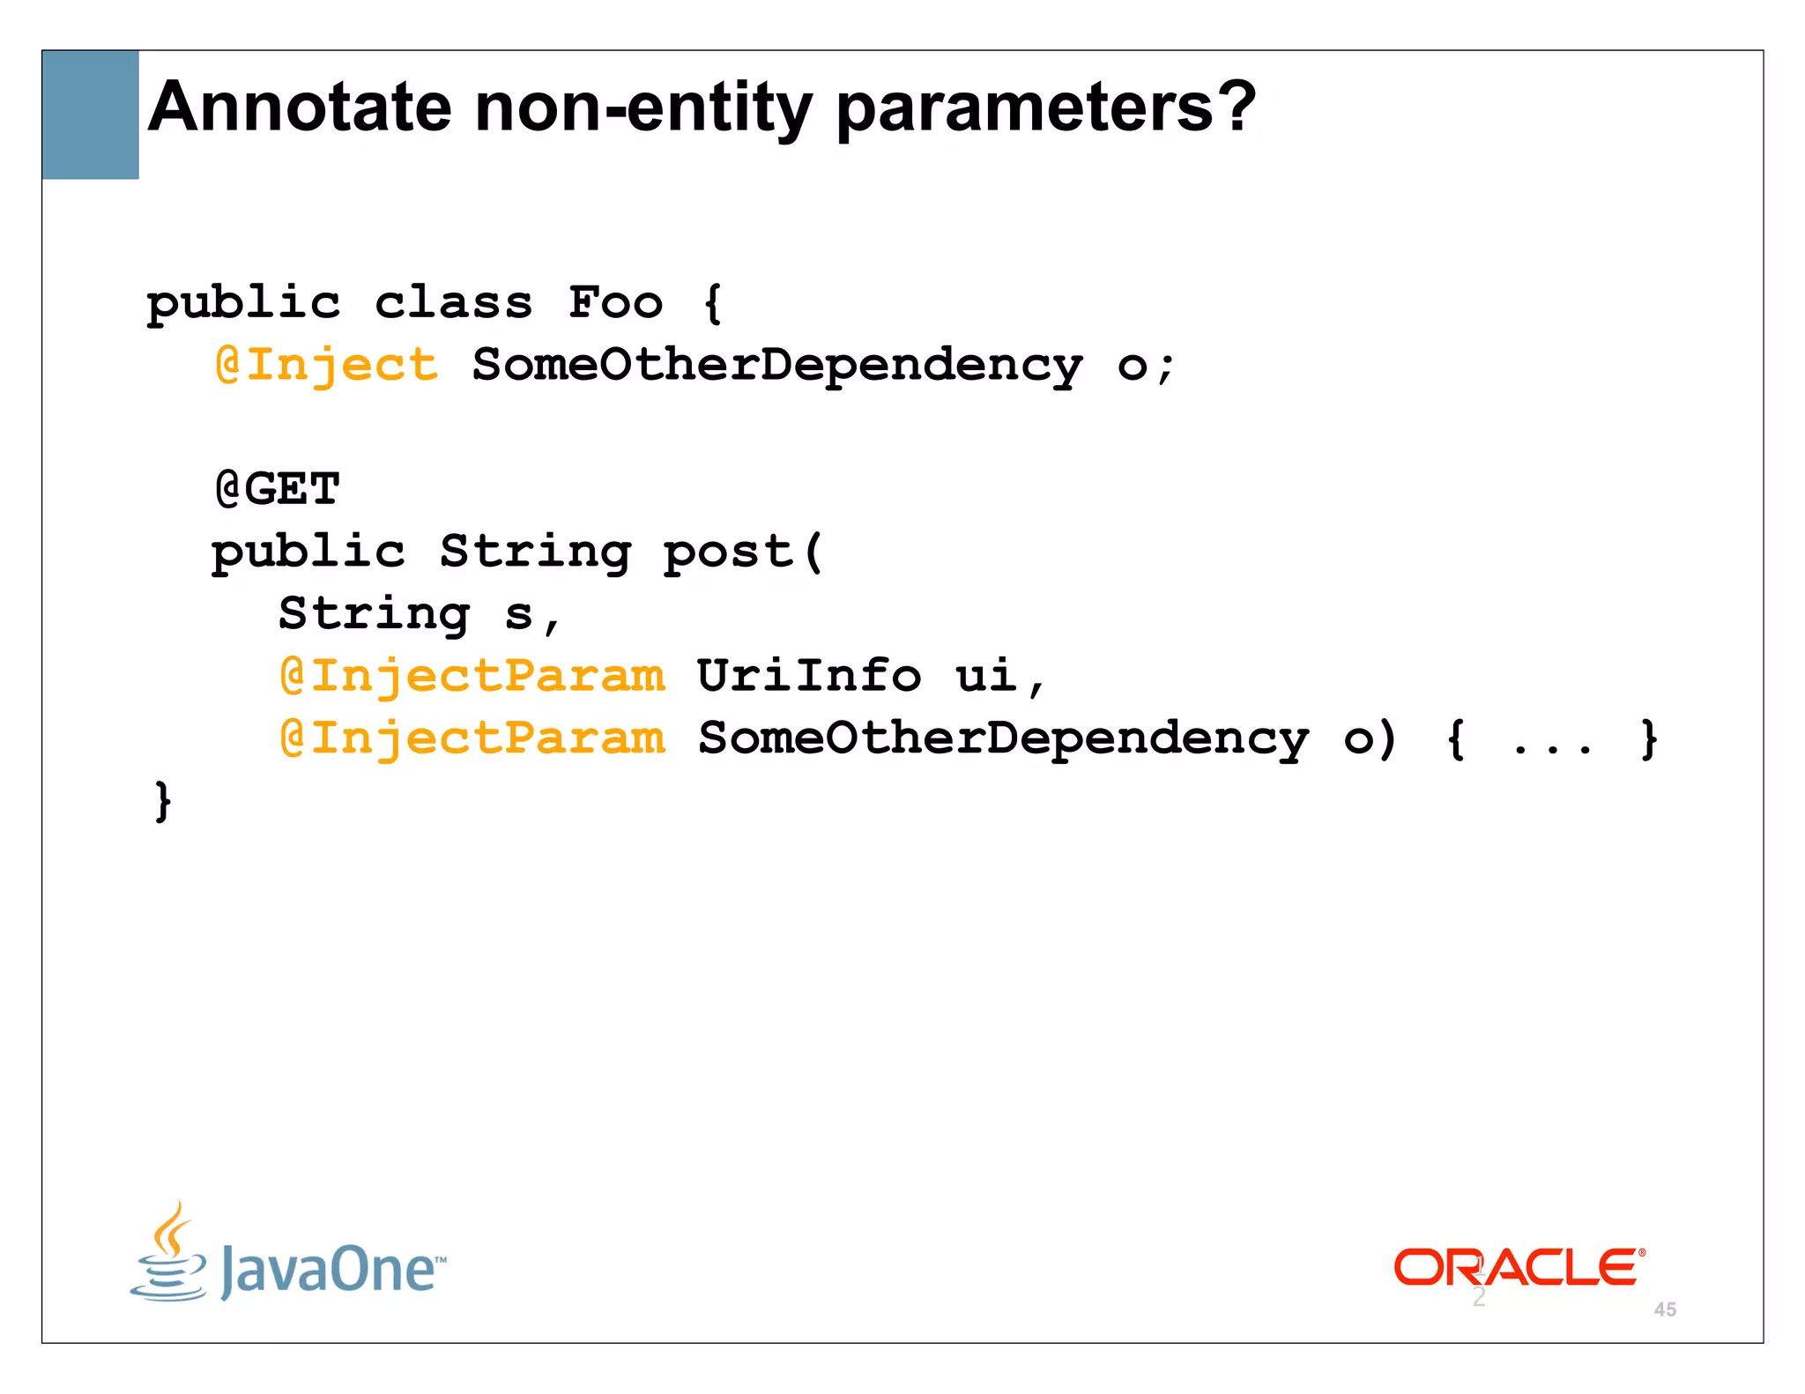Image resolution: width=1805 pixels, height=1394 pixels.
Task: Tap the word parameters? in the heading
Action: pyautogui.click(x=1045, y=108)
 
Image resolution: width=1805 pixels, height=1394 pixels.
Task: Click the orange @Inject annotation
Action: pyautogui.click(x=327, y=365)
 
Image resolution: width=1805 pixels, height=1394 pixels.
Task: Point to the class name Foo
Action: pyautogui.click(x=615, y=303)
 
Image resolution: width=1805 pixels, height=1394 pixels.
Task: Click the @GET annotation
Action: pyautogui.click(x=278, y=489)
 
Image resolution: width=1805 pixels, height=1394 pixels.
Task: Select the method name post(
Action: pyautogui.click(x=743, y=552)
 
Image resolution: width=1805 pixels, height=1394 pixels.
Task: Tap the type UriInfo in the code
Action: pyautogui.click(x=809, y=677)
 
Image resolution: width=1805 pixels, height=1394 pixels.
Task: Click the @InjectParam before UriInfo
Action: pyautogui.click(x=472, y=677)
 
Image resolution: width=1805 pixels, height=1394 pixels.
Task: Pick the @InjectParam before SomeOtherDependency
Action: pyautogui.click(x=472, y=738)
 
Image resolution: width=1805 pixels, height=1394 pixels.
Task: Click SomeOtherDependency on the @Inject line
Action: pyautogui.click(x=776, y=365)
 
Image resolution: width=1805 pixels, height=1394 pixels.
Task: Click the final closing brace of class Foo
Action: pyautogui.click(x=163, y=801)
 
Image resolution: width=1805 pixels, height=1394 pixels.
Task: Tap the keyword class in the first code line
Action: pyautogui.click(x=454, y=303)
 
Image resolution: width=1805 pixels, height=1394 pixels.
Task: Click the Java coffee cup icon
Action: pyautogui.click(x=168, y=1251)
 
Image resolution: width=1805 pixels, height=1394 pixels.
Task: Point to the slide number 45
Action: pyautogui.click(x=1665, y=1309)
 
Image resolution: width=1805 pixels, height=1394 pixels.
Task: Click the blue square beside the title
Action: pyautogui.click(x=90, y=115)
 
